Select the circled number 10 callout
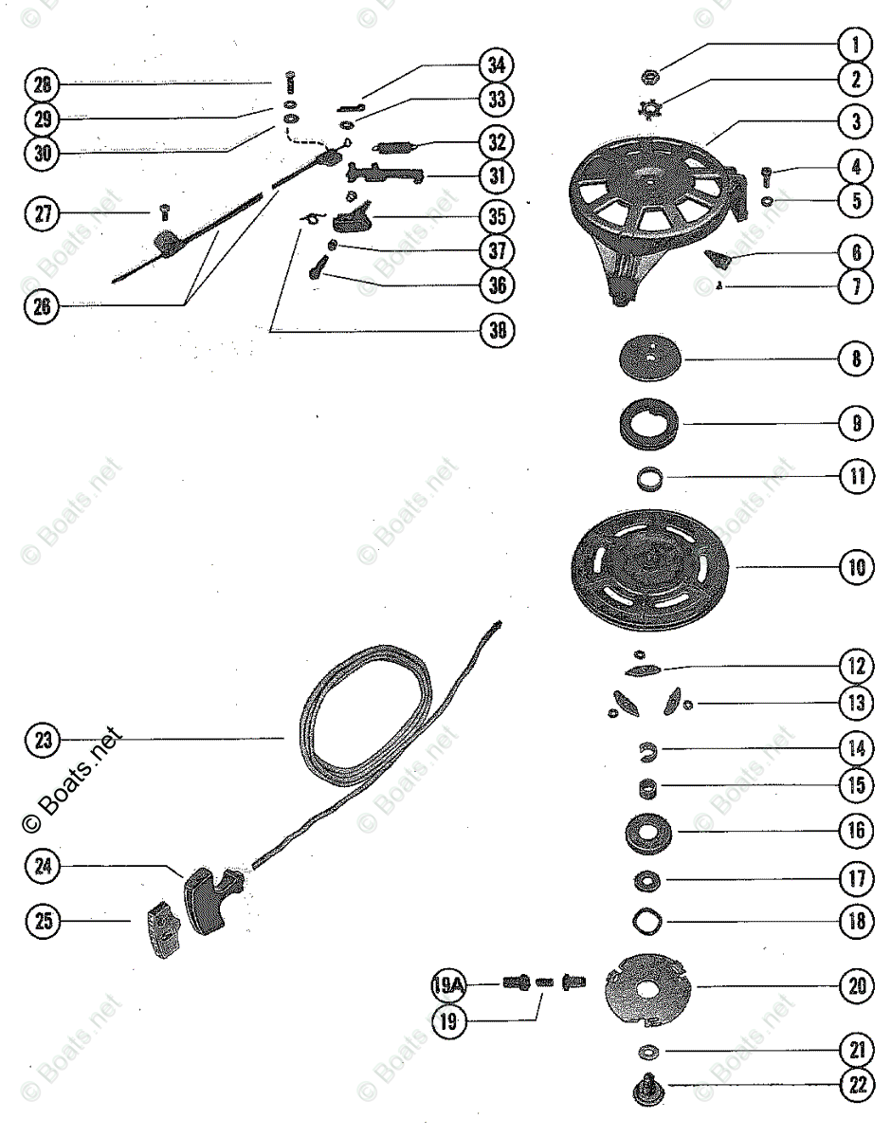pos(856,568)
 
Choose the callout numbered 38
pos(492,329)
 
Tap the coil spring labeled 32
pos(394,146)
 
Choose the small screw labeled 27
pos(165,214)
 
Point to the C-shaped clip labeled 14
pos(647,753)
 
